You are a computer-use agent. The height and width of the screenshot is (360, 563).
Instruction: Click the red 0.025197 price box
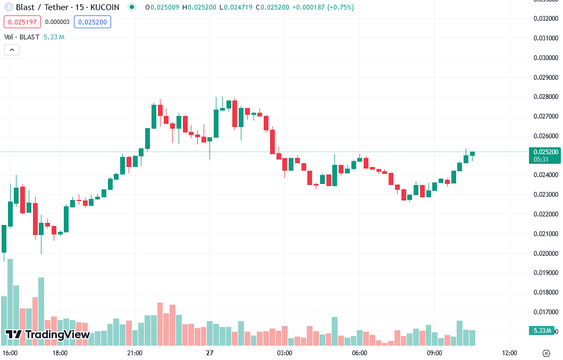[x=22, y=22]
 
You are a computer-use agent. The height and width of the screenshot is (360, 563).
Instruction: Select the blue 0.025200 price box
[x=93, y=22]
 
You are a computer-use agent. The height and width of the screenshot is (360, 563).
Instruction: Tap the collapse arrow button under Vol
[x=12, y=49]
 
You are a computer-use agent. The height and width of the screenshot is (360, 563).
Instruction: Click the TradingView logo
[x=47, y=334]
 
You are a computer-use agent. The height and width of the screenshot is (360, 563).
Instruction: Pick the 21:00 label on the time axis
[x=135, y=353]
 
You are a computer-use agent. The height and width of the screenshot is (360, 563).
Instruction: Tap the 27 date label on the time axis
[x=210, y=353]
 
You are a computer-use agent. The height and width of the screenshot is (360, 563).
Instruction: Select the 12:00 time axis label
[x=509, y=353]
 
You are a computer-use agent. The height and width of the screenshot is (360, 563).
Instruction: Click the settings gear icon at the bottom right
[x=546, y=353]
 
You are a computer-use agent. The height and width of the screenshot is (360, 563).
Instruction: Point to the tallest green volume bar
[x=10, y=303]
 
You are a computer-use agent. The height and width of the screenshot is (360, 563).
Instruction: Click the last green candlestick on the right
[x=472, y=154]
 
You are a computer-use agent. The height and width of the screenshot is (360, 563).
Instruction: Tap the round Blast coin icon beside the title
[x=8, y=7]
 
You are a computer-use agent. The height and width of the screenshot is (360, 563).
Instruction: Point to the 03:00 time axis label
[x=284, y=353]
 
